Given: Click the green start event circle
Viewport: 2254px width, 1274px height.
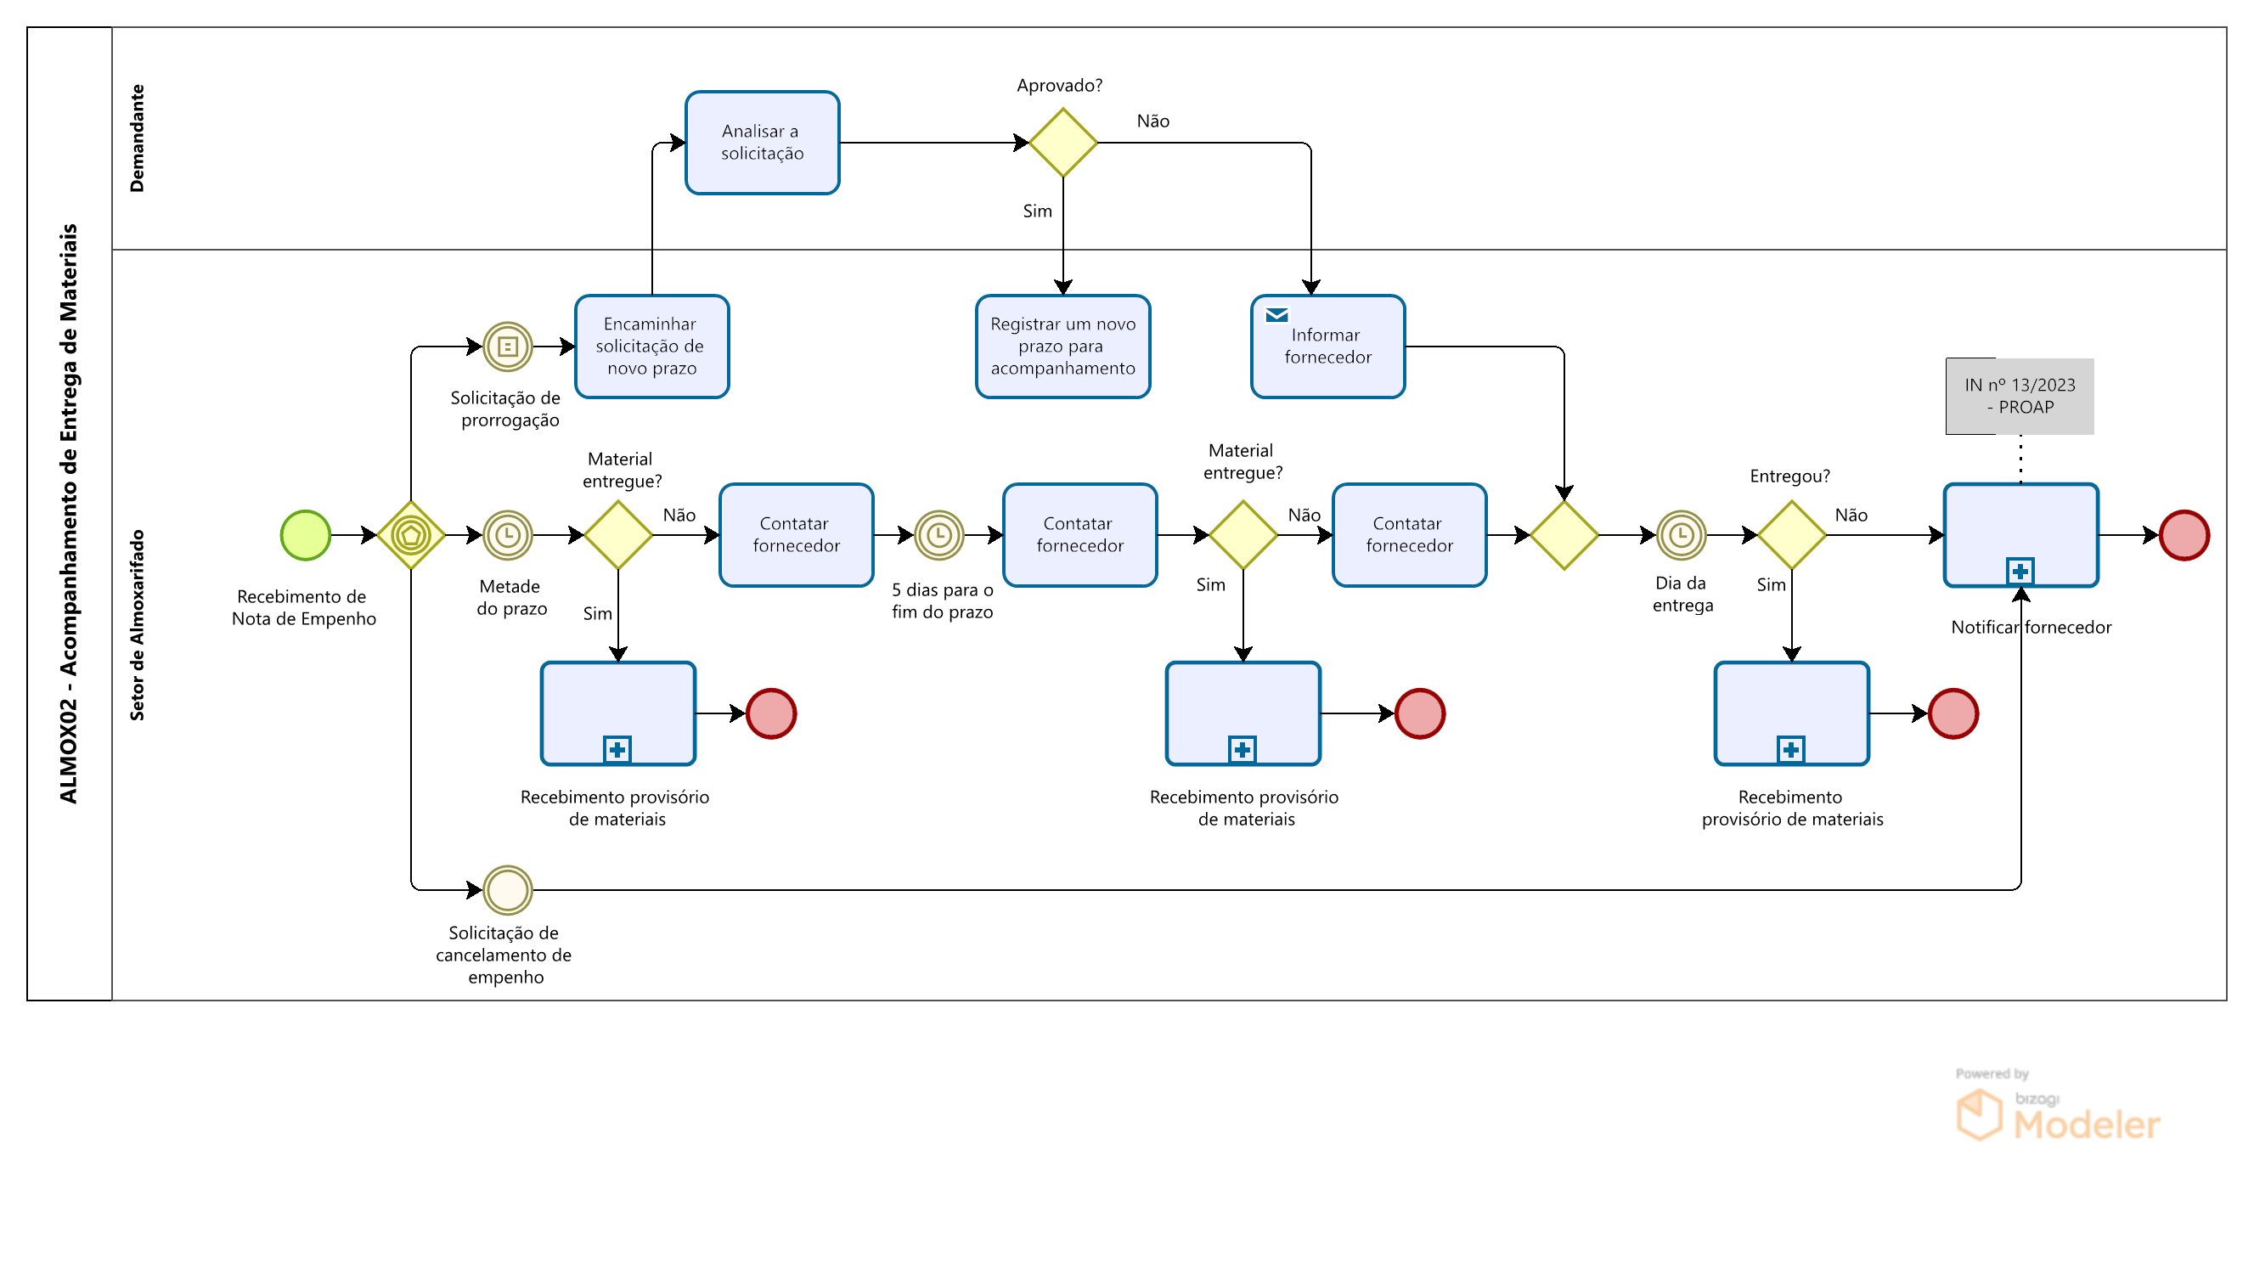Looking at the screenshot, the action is [306, 534].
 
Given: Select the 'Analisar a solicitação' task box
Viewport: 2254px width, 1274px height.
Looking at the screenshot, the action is [762, 143].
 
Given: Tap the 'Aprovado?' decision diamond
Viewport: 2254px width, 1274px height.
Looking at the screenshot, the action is [1063, 143].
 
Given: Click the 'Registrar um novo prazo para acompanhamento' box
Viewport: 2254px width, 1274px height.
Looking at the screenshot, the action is [1063, 347].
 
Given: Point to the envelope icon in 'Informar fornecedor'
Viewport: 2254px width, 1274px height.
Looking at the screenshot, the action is [1276, 315].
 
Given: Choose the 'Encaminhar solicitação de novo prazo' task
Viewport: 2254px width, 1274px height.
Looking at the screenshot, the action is [652, 347].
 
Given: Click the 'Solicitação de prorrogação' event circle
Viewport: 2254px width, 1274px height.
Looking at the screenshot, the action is [508, 347].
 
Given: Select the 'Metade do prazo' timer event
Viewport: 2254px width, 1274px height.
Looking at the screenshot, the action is [508, 534].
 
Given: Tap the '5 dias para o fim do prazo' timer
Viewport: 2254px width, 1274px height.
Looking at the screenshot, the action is [938, 534].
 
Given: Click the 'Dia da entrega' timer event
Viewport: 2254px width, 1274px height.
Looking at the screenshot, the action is [1681, 534].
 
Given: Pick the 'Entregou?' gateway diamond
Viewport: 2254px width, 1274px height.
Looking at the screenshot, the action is [1791, 534].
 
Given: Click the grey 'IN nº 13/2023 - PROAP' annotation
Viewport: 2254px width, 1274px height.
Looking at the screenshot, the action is [2020, 397].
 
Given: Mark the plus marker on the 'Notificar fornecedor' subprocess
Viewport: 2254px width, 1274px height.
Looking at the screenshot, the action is [2020, 572].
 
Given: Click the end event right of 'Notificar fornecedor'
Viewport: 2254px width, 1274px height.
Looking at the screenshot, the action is [2184, 534].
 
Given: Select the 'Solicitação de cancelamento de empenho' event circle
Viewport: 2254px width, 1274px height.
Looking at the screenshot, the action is [508, 890].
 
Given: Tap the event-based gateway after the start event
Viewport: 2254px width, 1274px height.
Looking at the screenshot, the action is [411, 534].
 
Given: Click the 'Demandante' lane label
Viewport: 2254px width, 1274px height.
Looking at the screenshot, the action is [137, 138].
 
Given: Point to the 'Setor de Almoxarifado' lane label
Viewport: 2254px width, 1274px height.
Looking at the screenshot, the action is [137, 625].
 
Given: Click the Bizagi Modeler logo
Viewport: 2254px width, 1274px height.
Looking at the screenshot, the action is [2058, 1107].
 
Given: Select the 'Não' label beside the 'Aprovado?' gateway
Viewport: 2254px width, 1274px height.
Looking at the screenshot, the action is [1152, 121].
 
